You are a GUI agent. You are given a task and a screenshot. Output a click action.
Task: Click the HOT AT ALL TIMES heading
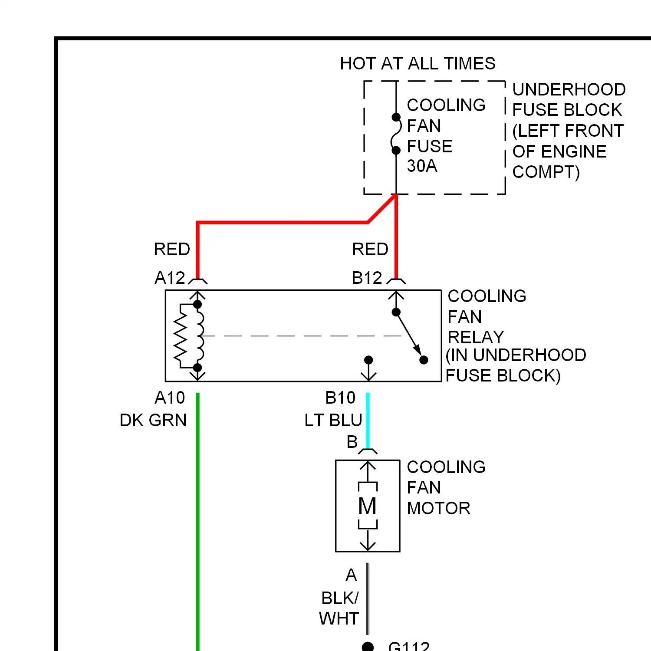[x=418, y=63]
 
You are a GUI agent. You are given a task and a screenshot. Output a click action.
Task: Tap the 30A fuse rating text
[x=422, y=166]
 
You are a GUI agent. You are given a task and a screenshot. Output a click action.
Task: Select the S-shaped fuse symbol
[x=395, y=134]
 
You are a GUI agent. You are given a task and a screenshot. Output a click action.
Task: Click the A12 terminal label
[x=170, y=278]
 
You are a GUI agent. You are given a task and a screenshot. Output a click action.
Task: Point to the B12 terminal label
[x=367, y=278]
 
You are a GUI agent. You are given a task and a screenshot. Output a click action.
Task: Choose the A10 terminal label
[x=170, y=398]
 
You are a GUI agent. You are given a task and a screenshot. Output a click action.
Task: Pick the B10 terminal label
[x=340, y=398]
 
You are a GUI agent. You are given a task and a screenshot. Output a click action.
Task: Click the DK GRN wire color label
[x=153, y=420]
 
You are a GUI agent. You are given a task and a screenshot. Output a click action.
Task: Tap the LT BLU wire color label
[x=333, y=420]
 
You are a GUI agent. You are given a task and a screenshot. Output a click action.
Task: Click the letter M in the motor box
[x=367, y=506]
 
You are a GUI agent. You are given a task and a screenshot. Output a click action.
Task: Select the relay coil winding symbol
[x=199, y=336]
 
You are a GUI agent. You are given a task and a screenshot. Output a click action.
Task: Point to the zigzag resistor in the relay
[x=181, y=336]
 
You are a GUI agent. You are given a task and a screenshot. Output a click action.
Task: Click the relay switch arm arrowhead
[x=417, y=349]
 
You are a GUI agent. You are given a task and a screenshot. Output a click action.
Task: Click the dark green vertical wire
[x=198, y=521]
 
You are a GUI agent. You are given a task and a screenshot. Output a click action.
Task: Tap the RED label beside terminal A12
[x=172, y=250]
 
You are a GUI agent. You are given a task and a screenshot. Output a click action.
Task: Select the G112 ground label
[x=408, y=646]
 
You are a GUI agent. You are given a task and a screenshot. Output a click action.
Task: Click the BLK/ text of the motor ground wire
[x=340, y=598]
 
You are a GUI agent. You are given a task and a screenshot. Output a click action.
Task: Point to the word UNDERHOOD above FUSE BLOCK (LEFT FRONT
[x=569, y=89]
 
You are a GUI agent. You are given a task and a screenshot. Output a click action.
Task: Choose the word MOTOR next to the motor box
[x=438, y=508]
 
